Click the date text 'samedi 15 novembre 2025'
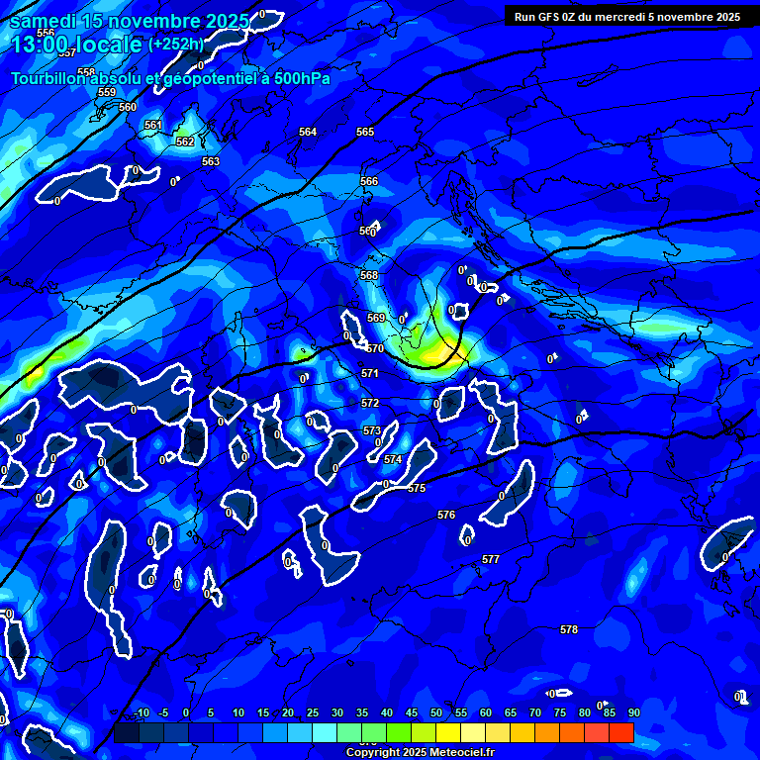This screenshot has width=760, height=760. click(x=129, y=21)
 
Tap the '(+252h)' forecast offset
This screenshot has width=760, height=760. click(x=176, y=44)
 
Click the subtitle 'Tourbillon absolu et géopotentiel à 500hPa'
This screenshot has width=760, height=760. click(x=170, y=78)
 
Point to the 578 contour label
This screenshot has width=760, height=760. click(x=569, y=629)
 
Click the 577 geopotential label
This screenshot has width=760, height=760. click(x=491, y=559)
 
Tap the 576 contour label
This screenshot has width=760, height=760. click(x=446, y=515)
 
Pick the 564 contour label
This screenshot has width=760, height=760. click(x=308, y=132)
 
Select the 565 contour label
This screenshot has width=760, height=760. click(x=365, y=132)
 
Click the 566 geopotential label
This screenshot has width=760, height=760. click(x=369, y=181)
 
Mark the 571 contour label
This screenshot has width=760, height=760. click(x=369, y=373)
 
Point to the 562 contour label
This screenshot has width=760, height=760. click(x=184, y=142)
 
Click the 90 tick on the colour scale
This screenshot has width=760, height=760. click(x=633, y=712)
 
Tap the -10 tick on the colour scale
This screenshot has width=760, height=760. click(x=142, y=712)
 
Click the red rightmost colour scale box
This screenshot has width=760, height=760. click(x=621, y=732)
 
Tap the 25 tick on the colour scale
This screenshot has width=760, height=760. click(x=313, y=712)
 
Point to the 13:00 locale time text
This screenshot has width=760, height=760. click(x=75, y=45)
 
